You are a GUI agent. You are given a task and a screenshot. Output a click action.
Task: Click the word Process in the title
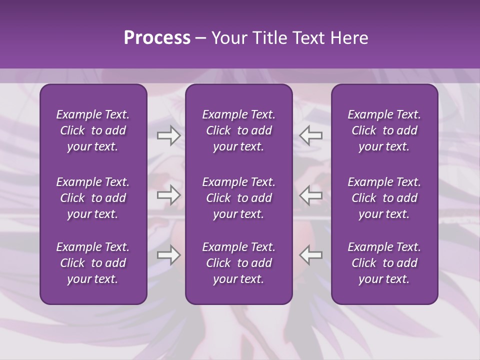[x=157, y=38]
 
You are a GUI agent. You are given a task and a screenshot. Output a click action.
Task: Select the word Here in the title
[x=348, y=38]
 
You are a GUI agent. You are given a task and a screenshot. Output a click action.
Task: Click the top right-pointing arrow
[x=168, y=135]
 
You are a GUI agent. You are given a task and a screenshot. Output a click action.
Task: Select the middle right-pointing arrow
[x=168, y=195]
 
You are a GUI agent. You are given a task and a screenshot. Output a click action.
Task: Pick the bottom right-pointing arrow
[x=168, y=254]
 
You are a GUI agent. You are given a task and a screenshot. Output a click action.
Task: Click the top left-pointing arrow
[x=311, y=135]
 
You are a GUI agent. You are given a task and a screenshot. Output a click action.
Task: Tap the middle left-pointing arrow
[x=311, y=195]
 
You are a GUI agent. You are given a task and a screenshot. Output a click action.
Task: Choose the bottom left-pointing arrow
[x=311, y=254]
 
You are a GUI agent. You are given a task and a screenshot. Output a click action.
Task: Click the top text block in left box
[x=93, y=130]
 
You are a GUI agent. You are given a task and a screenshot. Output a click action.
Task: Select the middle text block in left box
[x=93, y=198]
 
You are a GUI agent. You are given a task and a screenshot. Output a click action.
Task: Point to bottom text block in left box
[x=93, y=263]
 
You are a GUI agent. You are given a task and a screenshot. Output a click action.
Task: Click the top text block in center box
[x=238, y=130]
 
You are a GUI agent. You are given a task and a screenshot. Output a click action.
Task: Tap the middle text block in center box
[x=238, y=198]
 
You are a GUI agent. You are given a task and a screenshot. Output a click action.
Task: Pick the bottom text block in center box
[x=238, y=263]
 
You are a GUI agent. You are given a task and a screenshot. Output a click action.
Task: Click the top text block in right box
[x=384, y=130]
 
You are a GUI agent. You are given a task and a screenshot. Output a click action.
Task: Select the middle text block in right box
[x=384, y=198]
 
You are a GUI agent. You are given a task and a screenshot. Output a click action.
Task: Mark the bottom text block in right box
[x=384, y=263]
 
